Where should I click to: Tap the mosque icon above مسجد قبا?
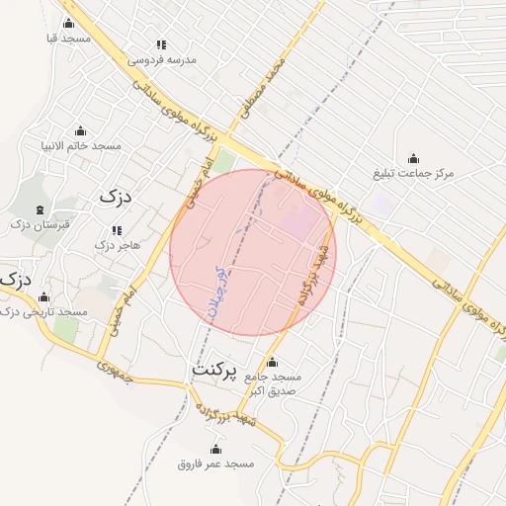point(68,22)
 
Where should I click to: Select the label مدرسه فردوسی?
point(161,59)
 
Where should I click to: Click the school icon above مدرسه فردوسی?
point(161,44)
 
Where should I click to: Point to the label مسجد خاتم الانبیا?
point(81,146)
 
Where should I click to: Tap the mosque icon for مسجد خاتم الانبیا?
point(81,130)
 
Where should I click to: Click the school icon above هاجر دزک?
point(117,230)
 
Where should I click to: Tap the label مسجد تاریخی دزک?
point(43,312)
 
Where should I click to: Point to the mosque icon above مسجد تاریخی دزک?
point(43,296)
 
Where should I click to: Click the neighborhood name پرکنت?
point(214,370)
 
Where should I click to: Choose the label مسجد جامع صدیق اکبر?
point(273,384)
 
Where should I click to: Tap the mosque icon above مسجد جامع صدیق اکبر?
point(273,361)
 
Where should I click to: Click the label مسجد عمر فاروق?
point(215,464)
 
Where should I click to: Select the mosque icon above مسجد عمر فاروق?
point(215,449)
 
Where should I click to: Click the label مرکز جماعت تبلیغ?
point(413,174)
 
